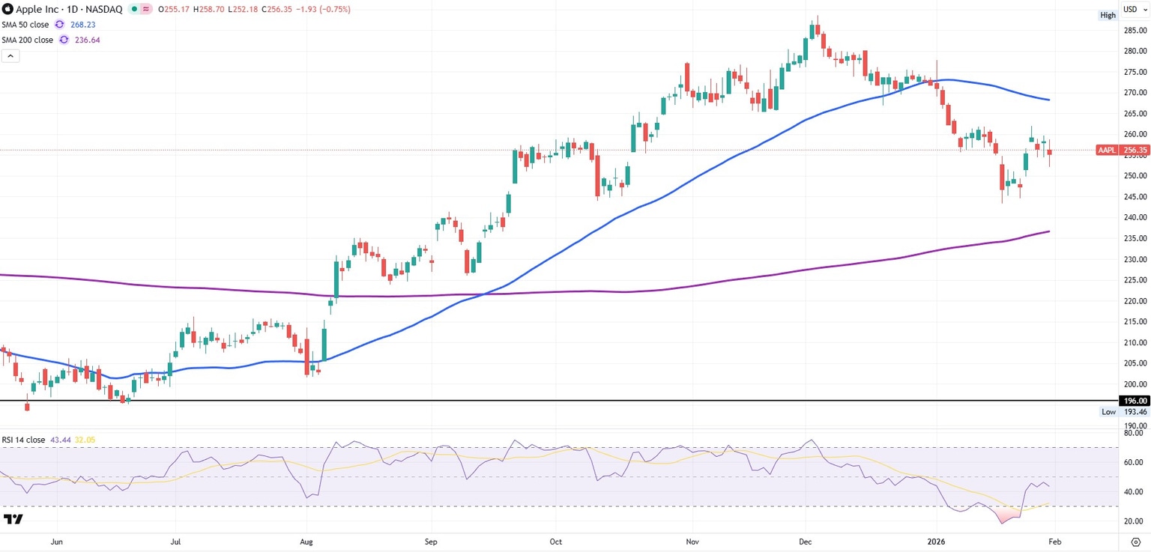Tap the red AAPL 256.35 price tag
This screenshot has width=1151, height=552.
click(x=1119, y=150)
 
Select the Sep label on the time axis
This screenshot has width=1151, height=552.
click(x=430, y=541)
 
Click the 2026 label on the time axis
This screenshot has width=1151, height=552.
click(x=937, y=541)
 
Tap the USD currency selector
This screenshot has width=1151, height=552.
click(x=1133, y=9)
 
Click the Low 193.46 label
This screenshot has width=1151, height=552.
click(x=1122, y=412)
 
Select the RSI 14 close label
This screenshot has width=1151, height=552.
click(x=23, y=440)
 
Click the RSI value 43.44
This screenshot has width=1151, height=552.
click(x=60, y=440)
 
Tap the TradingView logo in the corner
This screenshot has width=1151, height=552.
click(x=13, y=519)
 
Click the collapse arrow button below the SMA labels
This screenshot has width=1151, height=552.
click(x=10, y=55)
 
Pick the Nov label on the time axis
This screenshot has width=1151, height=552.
click(x=692, y=541)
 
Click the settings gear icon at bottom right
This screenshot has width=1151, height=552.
click(x=1135, y=541)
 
